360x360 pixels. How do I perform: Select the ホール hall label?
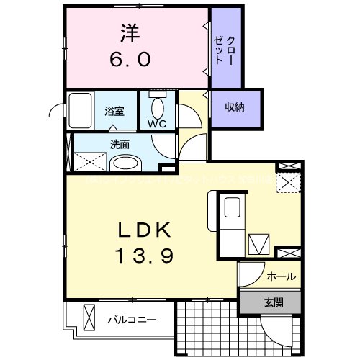click(281, 276)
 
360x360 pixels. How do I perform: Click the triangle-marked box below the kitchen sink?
click(258, 243)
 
